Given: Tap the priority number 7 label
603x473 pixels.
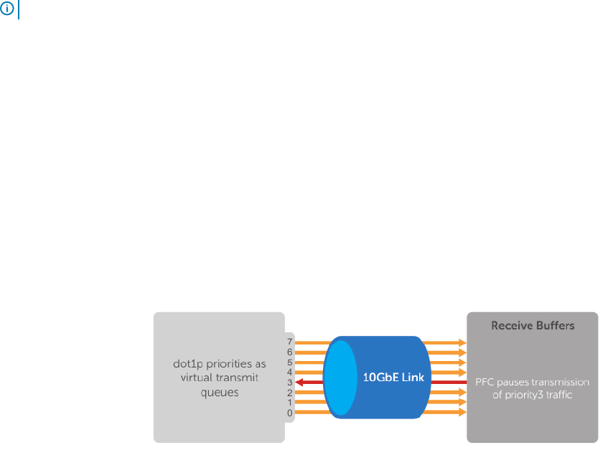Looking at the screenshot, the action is point(290,342).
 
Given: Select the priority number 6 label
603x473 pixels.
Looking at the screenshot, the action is point(290,352).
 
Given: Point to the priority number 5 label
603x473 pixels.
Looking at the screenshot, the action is point(290,362).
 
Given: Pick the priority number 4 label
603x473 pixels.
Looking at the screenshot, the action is point(290,373).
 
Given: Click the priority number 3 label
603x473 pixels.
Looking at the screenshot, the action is point(290,383).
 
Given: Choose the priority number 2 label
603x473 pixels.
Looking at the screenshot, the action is point(290,393).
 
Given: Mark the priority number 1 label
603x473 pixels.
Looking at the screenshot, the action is point(290,403).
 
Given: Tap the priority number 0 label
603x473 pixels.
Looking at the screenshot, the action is point(290,413).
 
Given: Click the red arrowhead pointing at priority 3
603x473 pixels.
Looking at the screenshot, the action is point(300,383).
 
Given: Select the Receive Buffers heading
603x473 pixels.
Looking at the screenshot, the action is point(532,326).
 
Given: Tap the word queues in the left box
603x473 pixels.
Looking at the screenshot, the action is point(219,392).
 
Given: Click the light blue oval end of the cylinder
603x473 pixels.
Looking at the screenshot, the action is point(340,377).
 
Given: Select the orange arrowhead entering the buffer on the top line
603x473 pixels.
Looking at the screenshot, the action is point(462,343).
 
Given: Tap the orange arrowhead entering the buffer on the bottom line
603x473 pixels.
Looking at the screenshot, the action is point(462,413).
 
